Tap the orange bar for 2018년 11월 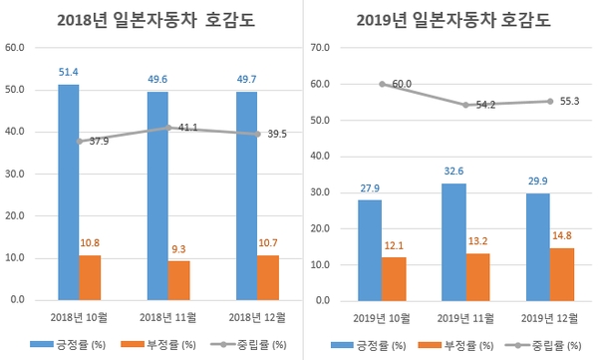pos(179,280)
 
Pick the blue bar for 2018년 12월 pos(247,195)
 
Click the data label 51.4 pos(68,73)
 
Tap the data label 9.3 pos(179,249)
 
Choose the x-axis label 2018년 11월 pos(166,317)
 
